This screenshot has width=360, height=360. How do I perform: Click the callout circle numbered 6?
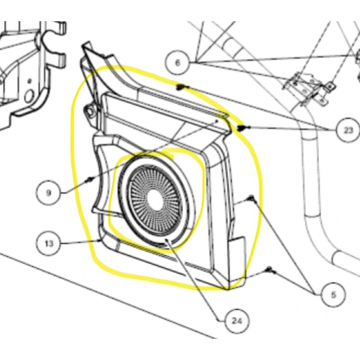[177, 63]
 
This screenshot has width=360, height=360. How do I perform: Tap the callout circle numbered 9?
[48, 193]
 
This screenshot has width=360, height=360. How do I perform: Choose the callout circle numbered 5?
[333, 295]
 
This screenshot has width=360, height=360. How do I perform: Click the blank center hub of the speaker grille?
[154, 199]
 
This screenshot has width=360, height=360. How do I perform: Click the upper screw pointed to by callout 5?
[252, 198]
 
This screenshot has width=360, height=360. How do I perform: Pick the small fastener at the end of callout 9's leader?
[90, 180]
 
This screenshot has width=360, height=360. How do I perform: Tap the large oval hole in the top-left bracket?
[29, 95]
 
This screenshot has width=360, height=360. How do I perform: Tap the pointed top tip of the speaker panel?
[85, 45]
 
